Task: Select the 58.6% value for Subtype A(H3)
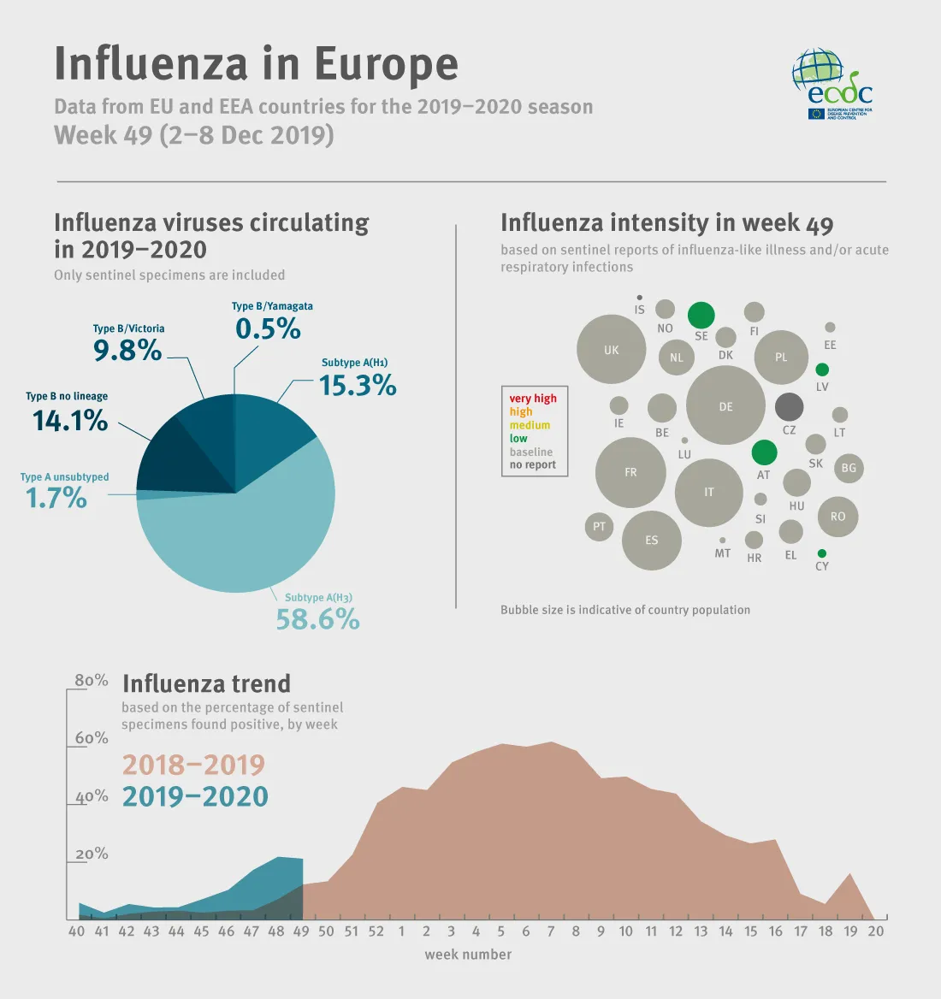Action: [x=317, y=619]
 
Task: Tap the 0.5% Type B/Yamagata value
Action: [x=268, y=328]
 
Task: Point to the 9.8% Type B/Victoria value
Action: [x=127, y=350]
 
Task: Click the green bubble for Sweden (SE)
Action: [x=701, y=315]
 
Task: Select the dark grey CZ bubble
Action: [x=789, y=407]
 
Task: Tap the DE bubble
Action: [x=725, y=405]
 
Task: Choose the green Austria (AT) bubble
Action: [x=764, y=452]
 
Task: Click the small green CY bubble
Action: [x=822, y=553]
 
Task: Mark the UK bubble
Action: [x=611, y=349]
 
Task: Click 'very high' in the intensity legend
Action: [x=533, y=399]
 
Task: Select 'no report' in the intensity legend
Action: [x=533, y=465]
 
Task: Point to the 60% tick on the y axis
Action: [x=92, y=738]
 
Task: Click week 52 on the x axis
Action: [x=376, y=931]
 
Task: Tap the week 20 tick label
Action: [x=875, y=931]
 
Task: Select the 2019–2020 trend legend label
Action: [x=195, y=796]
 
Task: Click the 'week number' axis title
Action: [x=468, y=955]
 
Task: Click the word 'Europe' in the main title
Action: [x=386, y=64]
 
